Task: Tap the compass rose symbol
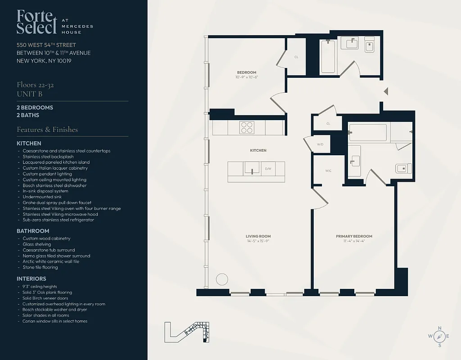coord(440,336)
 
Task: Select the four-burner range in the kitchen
coord(247,127)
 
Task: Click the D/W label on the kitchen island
coord(268,169)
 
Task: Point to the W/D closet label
coord(320,144)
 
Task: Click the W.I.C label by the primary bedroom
coord(328,171)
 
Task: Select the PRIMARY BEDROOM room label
coord(354,236)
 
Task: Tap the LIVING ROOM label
coord(258,236)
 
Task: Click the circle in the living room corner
coord(222,279)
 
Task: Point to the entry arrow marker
coord(385,91)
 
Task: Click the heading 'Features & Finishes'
coord(47,130)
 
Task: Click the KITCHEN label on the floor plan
coord(258,150)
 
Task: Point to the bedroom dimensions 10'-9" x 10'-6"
coord(246,77)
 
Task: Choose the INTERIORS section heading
coord(32,279)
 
